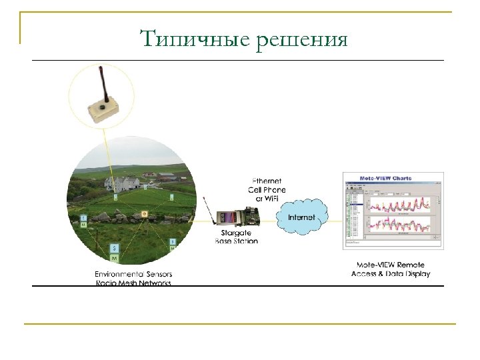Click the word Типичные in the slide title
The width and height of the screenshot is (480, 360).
193,39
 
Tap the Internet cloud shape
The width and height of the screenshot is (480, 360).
301,217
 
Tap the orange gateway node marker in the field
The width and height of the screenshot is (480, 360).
143,214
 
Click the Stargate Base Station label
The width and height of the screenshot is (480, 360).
236,237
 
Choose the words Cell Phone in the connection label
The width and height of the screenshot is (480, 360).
267,189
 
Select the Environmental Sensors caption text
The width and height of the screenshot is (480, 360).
133,274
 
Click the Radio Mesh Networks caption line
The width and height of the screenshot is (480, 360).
133,283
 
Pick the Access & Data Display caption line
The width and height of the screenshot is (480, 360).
391,274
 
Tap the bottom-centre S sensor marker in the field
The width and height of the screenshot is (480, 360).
114,247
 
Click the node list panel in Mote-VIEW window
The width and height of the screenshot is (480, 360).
351,213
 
